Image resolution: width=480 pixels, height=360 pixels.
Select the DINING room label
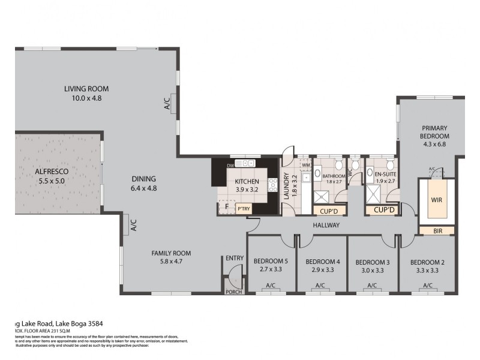coord(143,178)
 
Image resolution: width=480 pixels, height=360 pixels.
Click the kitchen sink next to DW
coord(245,163)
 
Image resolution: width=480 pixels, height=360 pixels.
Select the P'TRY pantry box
coord(243,209)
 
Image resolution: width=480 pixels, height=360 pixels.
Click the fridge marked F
coord(226,207)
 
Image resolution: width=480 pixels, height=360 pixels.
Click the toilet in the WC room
coord(355,165)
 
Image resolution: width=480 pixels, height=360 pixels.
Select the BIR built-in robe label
coord(437,230)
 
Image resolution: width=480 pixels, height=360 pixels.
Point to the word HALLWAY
coord(326,225)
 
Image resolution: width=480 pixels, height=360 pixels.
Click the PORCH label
coord(232,292)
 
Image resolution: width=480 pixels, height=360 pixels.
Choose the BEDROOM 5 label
coord(270,261)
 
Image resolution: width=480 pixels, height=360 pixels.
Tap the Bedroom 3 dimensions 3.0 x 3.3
coord(373,270)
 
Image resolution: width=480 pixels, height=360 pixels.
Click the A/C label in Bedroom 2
coord(428,286)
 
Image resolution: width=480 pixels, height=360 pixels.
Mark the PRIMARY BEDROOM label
coord(435,132)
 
